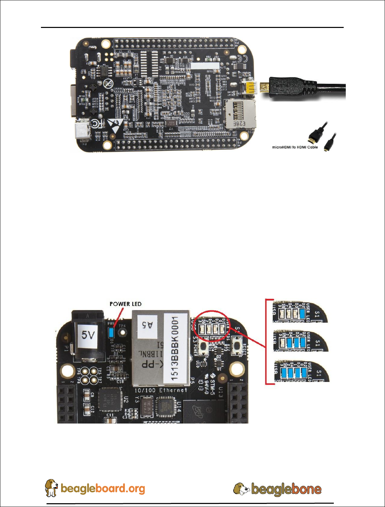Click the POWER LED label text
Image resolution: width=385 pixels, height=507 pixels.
[x=125, y=304]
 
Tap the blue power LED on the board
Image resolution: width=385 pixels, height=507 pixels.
[x=111, y=332]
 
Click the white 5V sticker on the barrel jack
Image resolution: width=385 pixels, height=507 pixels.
[x=88, y=335]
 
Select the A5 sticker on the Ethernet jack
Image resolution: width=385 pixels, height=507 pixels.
[x=147, y=325]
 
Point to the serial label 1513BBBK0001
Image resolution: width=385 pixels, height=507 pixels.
[x=175, y=348]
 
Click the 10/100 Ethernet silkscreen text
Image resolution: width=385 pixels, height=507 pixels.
[x=160, y=390]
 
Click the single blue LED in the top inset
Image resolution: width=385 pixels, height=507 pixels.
[x=302, y=313]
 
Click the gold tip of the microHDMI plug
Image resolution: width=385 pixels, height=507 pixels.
[x=264, y=87]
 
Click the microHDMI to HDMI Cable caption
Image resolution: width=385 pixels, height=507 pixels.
[x=295, y=147]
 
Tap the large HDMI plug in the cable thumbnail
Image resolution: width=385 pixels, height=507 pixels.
[x=313, y=137]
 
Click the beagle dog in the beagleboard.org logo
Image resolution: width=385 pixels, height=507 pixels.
[x=52, y=488]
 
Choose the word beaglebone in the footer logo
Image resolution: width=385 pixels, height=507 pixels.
[x=286, y=490]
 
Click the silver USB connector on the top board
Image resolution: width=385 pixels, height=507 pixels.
[x=82, y=130]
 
